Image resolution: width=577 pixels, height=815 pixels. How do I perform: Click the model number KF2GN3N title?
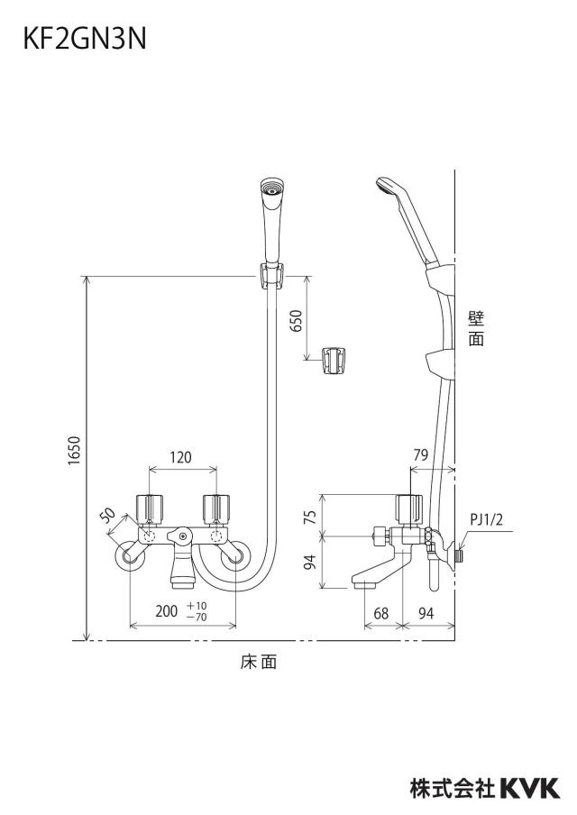[x=85, y=39]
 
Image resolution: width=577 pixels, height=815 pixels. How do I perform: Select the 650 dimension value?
[x=295, y=321]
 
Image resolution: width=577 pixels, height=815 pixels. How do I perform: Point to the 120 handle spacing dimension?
[x=181, y=457]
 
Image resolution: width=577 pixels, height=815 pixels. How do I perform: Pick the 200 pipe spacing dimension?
[x=167, y=610]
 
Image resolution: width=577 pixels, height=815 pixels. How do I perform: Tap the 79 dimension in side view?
[x=420, y=454]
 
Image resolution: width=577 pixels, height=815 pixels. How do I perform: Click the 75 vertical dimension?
[x=310, y=517]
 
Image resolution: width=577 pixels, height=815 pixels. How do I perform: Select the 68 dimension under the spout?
[x=381, y=613]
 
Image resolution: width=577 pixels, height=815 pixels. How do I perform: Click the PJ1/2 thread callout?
[x=487, y=519]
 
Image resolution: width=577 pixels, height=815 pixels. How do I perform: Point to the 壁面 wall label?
[x=476, y=328]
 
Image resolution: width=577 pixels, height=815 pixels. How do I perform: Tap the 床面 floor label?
[x=259, y=662]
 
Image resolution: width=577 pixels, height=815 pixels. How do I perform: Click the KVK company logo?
[x=530, y=789]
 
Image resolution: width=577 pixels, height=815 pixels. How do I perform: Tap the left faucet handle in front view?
[x=149, y=508]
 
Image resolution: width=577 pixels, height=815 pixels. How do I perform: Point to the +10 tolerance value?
[x=197, y=606]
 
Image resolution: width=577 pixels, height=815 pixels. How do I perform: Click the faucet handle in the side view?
[x=409, y=508]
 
